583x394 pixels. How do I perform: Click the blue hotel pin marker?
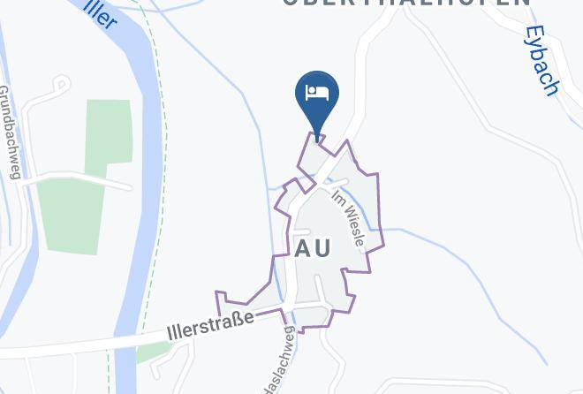(315, 95)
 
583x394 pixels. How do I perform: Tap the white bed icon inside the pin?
(315, 92)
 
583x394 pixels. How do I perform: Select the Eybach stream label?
(541, 60)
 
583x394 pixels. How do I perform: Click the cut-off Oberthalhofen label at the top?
(407, 4)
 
